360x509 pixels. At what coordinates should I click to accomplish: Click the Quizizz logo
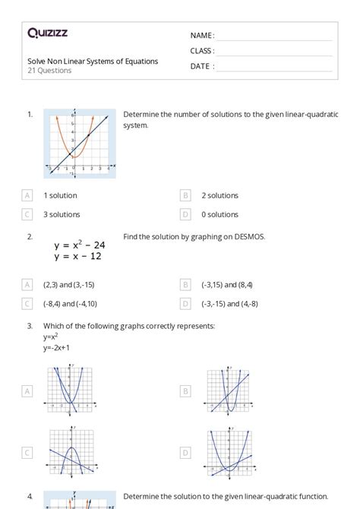point(48,33)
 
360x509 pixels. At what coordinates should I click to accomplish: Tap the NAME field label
point(202,36)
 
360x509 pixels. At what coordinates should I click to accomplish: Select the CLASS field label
point(202,51)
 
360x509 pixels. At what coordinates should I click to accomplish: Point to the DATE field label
point(202,66)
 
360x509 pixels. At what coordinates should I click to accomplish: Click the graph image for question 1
point(80,144)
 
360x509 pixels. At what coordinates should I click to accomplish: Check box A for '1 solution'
point(28,195)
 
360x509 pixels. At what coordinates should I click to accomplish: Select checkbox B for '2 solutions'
point(186,195)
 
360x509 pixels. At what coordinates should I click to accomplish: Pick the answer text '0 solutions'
point(220,214)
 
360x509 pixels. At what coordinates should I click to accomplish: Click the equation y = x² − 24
point(80,245)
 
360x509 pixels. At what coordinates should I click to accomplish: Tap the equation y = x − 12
point(77,256)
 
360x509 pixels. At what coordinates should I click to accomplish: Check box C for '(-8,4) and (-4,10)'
point(28,303)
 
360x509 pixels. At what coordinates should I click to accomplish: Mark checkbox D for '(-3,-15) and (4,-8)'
point(186,303)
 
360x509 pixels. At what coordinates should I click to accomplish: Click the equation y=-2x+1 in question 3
point(56,347)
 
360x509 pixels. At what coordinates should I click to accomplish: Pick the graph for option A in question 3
point(72,390)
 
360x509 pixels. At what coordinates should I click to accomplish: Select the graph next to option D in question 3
point(229,452)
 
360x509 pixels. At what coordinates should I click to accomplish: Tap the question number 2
point(30,237)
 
